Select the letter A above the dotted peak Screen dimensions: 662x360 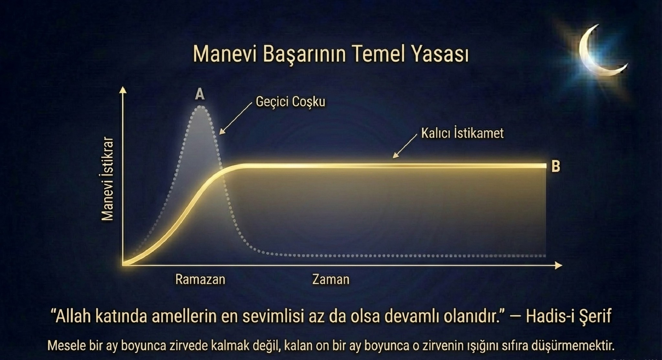[x=200, y=94]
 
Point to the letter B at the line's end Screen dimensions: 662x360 [x=556, y=166]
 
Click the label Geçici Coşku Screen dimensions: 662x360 [x=290, y=102]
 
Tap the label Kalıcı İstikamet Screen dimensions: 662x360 [x=462, y=133]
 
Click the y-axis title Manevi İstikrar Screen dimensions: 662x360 [x=107, y=179]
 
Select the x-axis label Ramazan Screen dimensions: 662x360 [x=200, y=279]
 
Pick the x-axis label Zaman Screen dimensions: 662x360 [x=331, y=279]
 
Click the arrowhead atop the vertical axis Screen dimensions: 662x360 [x=123, y=90]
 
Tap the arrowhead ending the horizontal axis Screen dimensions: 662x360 [x=559, y=265]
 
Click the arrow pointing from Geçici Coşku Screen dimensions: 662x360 [x=236, y=118]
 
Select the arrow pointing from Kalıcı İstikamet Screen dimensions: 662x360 [x=405, y=146]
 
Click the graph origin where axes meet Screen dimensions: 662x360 [x=123, y=265]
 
